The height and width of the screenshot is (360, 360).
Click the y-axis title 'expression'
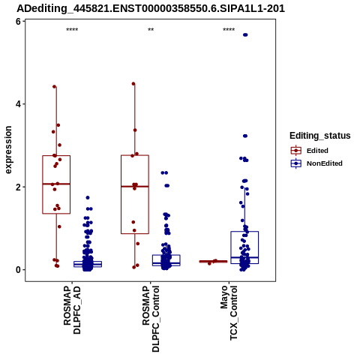8,150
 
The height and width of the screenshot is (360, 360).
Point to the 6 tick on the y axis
18,22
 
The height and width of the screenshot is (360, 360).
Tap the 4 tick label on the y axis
18,104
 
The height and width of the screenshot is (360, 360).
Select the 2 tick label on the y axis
18,187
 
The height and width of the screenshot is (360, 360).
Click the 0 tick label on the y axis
18,270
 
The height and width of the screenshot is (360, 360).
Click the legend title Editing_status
320,136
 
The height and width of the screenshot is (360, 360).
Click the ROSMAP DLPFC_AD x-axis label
72,310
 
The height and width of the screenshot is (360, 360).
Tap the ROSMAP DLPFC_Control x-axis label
151,319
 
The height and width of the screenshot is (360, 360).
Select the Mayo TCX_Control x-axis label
229,313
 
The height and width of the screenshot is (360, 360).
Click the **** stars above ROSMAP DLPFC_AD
72,30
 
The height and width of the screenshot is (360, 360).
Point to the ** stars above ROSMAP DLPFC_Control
151,30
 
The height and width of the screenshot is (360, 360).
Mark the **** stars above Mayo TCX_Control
229,30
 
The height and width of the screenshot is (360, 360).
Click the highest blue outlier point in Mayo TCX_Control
245,34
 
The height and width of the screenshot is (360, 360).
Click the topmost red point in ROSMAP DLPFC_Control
133,84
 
